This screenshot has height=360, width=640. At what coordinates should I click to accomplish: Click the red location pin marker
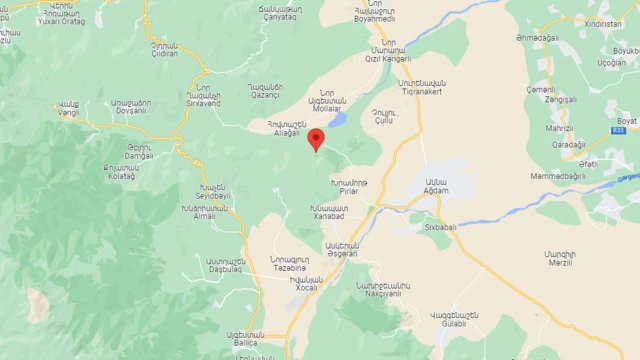(316, 139)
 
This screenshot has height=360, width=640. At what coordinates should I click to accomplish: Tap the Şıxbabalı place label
(437, 225)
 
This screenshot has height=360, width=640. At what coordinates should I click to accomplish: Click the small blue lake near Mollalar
(337, 120)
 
